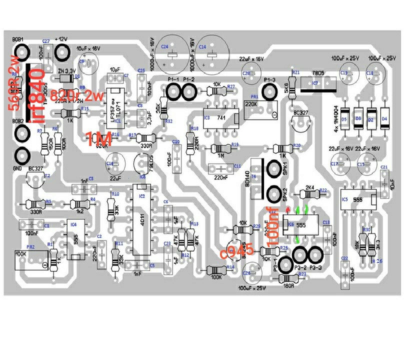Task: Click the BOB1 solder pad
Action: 22,50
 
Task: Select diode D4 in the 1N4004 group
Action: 384,119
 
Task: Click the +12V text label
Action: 60,39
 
